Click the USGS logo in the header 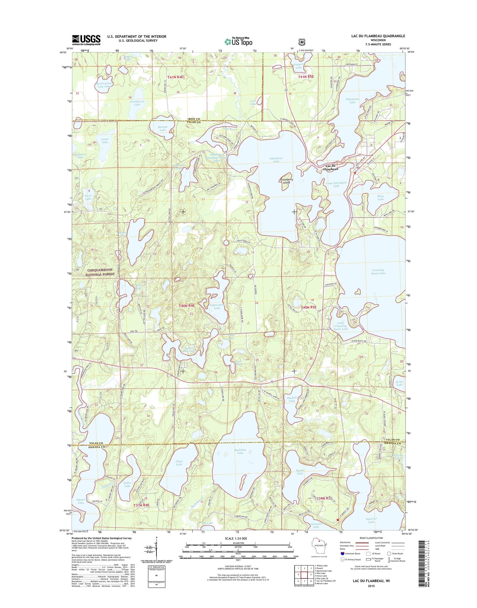click(86, 40)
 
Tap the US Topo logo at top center click(238, 41)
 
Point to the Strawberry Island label click(287, 181)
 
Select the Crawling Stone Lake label click(378, 272)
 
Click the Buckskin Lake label click(240, 451)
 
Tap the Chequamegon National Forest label click(100, 272)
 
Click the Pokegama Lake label click(352, 100)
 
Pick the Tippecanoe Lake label click(217, 306)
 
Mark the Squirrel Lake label click(371, 520)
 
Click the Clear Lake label click(179, 463)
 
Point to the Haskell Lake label click(292, 399)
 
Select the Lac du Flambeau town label click(331, 168)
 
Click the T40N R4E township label click(186, 306)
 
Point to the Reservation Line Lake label click(104, 85)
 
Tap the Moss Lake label click(380, 197)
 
